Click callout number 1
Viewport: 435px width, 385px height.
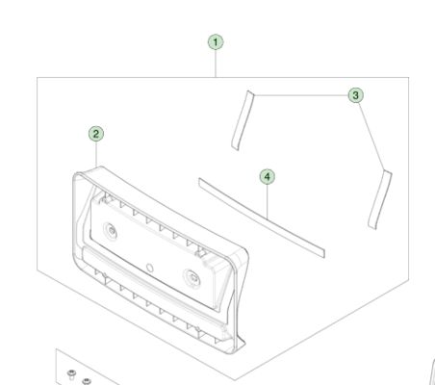pyautogui.click(x=216, y=41)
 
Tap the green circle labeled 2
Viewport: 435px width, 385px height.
pyautogui.click(x=95, y=134)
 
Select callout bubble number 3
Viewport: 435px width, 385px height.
pyautogui.click(x=355, y=95)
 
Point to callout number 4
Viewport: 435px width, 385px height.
pyautogui.click(x=268, y=177)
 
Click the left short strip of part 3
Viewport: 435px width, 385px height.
pyautogui.click(x=242, y=119)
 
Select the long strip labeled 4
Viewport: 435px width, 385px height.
pyautogui.click(x=261, y=217)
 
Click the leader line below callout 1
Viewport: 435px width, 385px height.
pyautogui.click(x=216, y=64)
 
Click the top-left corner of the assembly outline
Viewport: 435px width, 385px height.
pyautogui.click(x=38, y=77)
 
